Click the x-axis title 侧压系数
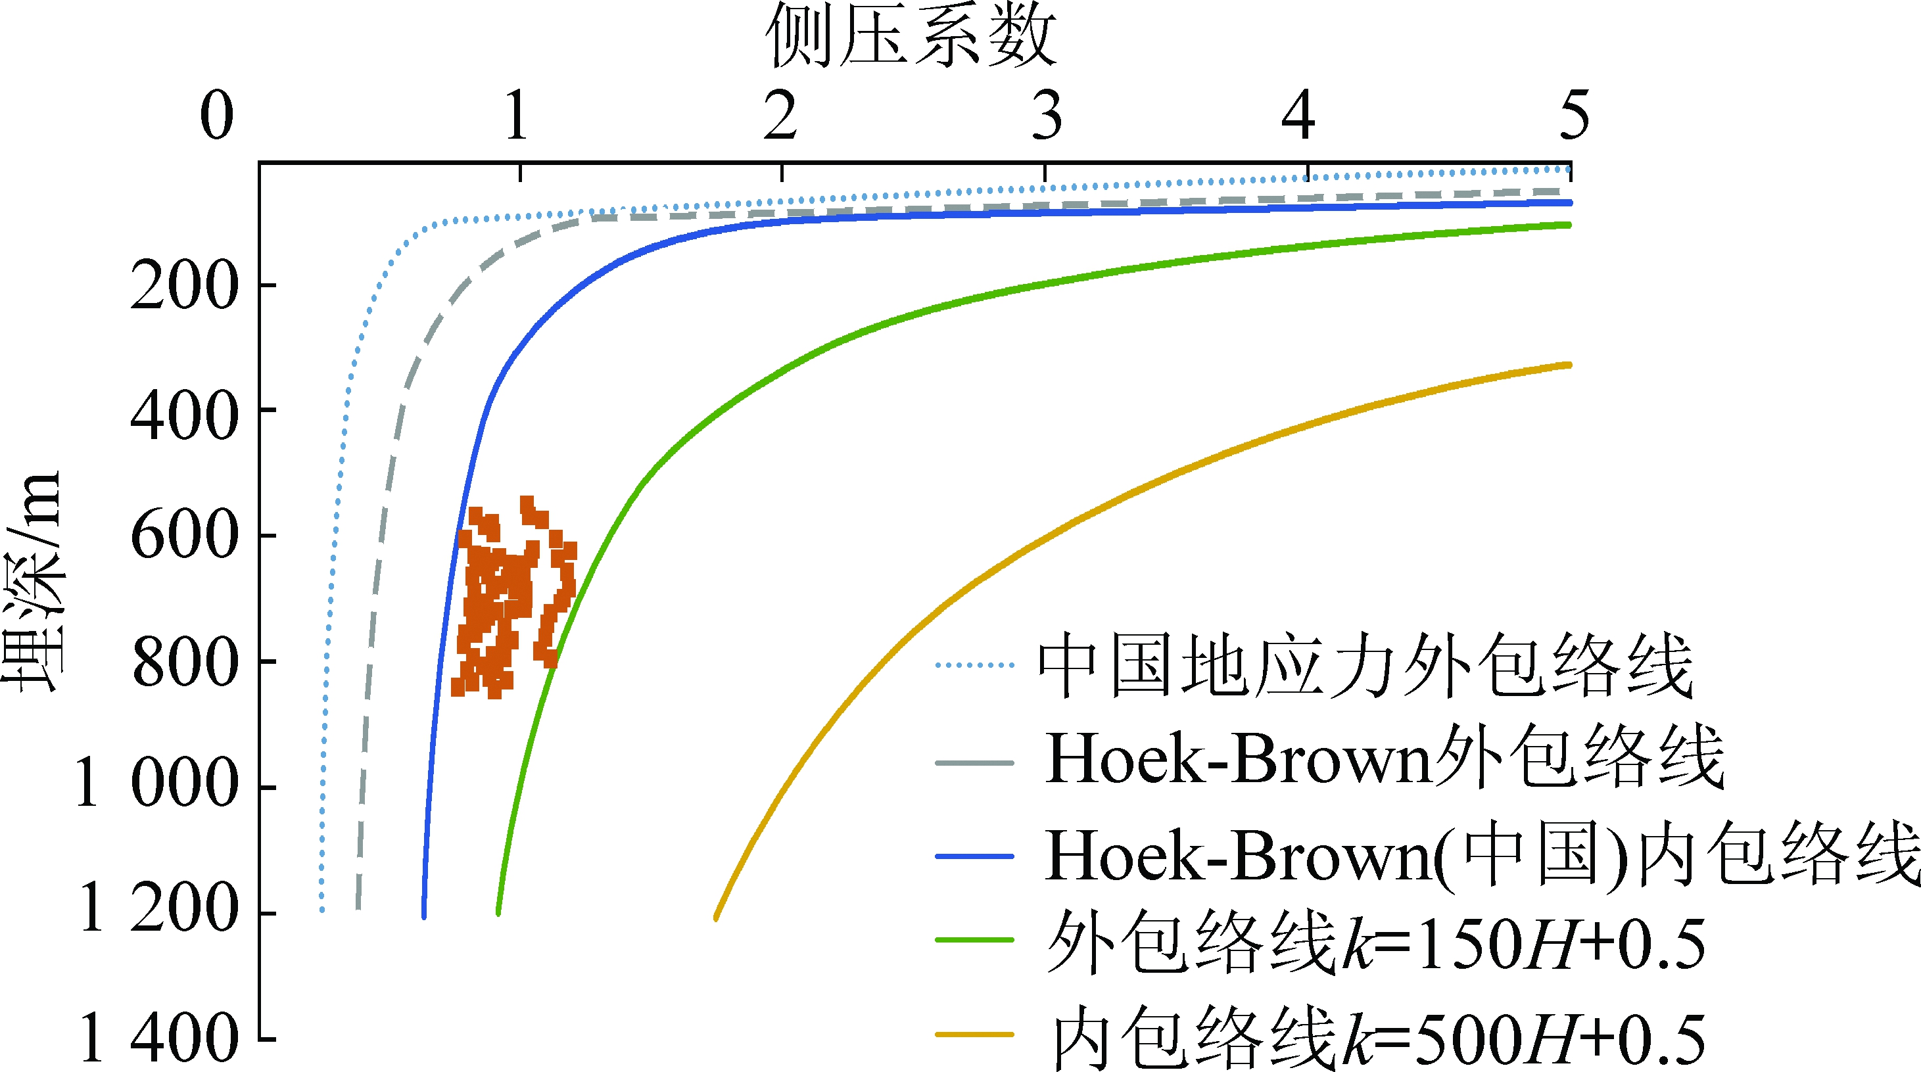[911, 35]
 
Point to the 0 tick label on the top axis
[217, 116]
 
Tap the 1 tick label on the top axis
[517, 116]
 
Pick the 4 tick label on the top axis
[1298, 116]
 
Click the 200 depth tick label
[184, 287]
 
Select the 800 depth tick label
[184, 663]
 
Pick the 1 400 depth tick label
[157, 1038]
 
